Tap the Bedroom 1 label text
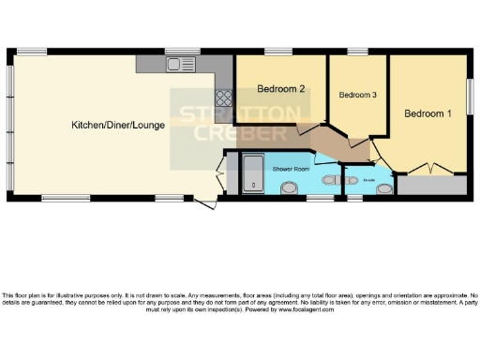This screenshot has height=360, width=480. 427,113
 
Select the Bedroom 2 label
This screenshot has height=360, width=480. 280,90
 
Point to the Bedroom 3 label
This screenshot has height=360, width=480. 358,95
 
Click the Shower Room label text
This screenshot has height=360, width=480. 291,169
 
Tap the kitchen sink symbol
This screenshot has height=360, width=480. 174,64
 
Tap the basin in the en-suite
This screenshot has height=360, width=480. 382,187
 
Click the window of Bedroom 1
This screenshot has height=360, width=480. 472,97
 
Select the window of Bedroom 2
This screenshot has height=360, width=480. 276,51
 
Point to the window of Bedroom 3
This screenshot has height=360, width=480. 358,51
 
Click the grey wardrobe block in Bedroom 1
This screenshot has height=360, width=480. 430,185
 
